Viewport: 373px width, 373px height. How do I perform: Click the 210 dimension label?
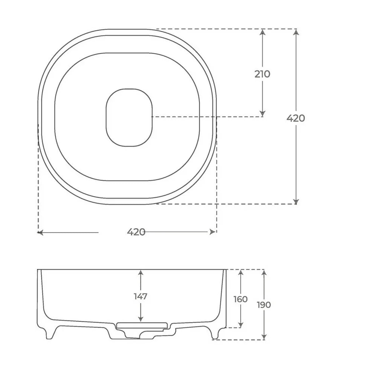pos(262,74)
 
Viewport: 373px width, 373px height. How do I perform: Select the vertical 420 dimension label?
pos(296,118)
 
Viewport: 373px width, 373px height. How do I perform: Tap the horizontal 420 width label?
pos(136,232)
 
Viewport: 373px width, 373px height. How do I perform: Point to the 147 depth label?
pos(141,296)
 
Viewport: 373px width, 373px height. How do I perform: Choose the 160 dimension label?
pos(240,299)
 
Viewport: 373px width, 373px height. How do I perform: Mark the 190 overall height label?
pos(264,305)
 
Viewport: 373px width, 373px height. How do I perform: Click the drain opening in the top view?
pos(129,118)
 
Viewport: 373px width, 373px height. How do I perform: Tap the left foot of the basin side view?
pos(49,333)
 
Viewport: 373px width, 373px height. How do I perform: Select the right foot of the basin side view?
pos(215,333)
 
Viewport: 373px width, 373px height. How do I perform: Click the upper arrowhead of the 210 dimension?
pos(262,32)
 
